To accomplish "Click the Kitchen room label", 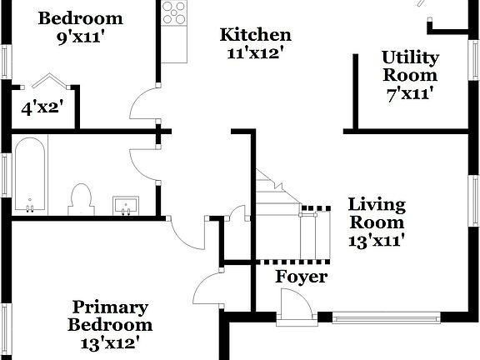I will [x=256, y=35].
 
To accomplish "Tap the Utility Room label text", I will [x=410, y=66].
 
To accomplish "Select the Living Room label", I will [x=377, y=213].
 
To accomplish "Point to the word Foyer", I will [x=302, y=277].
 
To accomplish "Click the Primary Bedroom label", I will [x=110, y=317].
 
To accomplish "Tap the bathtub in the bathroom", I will [x=30, y=174].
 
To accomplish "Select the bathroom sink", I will [x=126, y=204].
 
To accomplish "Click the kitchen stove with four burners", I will [x=174, y=12].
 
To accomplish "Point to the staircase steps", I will [x=278, y=197].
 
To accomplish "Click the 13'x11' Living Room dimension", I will [x=377, y=242].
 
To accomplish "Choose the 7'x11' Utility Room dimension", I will [x=410, y=93].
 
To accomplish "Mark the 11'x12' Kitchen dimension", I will [x=256, y=52].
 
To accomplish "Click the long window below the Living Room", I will [x=386, y=317].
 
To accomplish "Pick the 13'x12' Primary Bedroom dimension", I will [x=110, y=342].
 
